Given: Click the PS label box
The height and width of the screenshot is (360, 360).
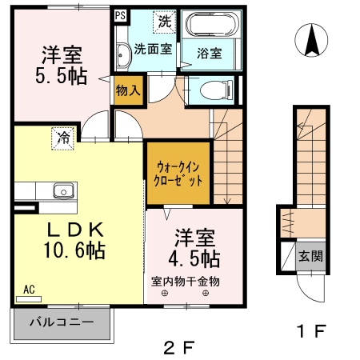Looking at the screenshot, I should [x=121, y=15].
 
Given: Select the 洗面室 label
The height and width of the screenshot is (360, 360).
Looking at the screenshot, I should [x=152, y=47].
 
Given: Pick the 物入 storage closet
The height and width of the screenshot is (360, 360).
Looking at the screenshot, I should [x=128, y=90].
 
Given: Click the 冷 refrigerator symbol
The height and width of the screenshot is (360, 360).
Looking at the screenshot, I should [x=63, y=137].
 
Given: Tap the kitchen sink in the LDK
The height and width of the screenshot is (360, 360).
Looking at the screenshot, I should [x=63, y=190].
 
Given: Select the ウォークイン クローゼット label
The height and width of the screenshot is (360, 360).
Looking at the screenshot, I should [x=177, y=173].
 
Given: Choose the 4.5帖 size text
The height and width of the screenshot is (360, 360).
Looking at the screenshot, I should [x=194, y=258].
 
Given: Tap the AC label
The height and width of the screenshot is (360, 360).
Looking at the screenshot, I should [x=29, y=290].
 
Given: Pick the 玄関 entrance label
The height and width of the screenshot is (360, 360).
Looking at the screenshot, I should [x=310, y=257].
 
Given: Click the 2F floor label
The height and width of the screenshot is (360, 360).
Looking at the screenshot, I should [x=180, y=347].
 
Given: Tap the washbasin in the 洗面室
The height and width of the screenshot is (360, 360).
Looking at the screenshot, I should [x=122, y=54].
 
